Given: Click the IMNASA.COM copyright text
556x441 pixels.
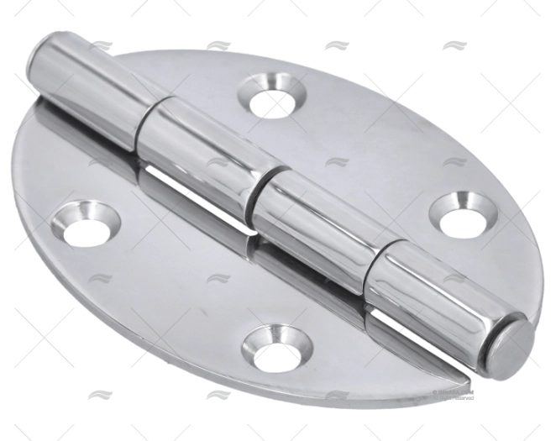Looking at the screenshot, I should point(454,391).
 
